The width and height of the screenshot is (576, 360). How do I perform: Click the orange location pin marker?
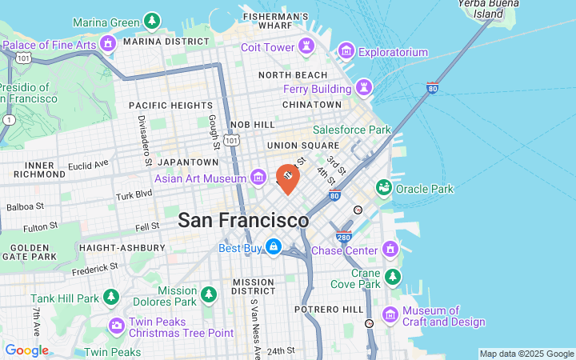click(287, 177)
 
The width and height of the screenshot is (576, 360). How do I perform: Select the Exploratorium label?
click(382, 52)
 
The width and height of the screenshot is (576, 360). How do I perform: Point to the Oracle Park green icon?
click(383, 188)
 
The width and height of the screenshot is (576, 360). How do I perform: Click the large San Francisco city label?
click(243, 220)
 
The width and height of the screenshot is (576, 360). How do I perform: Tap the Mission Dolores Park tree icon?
click(209, 295)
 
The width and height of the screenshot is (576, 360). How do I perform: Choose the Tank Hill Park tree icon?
click(111, 298)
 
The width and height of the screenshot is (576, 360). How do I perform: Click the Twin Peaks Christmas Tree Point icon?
click(117, 326)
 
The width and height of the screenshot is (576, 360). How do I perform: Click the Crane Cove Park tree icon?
click(392, 277)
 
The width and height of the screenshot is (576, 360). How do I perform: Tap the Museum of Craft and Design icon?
click(390, 314)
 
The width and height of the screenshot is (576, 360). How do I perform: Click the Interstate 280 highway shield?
click(344, 238)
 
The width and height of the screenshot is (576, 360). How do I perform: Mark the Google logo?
click(26, 350)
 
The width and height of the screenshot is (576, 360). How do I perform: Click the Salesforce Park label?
click(351, 130)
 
